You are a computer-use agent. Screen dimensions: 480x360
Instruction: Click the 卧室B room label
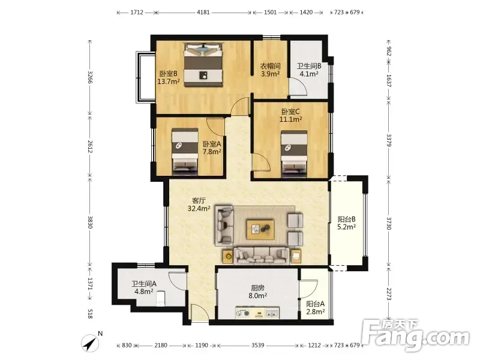168,77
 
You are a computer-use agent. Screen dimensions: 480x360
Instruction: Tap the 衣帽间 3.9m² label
271,70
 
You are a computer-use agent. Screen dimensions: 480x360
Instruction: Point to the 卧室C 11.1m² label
290,115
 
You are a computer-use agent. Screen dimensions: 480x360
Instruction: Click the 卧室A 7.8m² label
212,148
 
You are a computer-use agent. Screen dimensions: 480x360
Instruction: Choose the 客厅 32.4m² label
199,205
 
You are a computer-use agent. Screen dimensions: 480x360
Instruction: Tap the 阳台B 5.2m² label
346,223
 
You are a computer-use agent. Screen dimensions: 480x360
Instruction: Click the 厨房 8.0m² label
257,292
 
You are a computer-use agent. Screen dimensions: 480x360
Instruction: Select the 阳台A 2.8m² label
316,308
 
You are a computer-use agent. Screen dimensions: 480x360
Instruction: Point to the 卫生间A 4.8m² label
144,287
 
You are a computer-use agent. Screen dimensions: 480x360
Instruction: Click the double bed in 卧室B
203,65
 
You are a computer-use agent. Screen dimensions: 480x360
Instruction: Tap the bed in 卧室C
294,154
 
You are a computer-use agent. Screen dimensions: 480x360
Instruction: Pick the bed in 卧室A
185,152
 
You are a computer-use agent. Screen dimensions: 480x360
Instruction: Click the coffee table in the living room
260,229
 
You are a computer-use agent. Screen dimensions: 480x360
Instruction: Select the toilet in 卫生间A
160,298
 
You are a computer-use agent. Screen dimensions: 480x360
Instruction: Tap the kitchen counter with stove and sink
257,313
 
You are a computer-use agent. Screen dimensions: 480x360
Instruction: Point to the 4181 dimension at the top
203,13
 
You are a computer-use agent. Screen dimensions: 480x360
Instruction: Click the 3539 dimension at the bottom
258,346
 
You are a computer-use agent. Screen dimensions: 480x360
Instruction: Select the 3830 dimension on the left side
89,222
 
